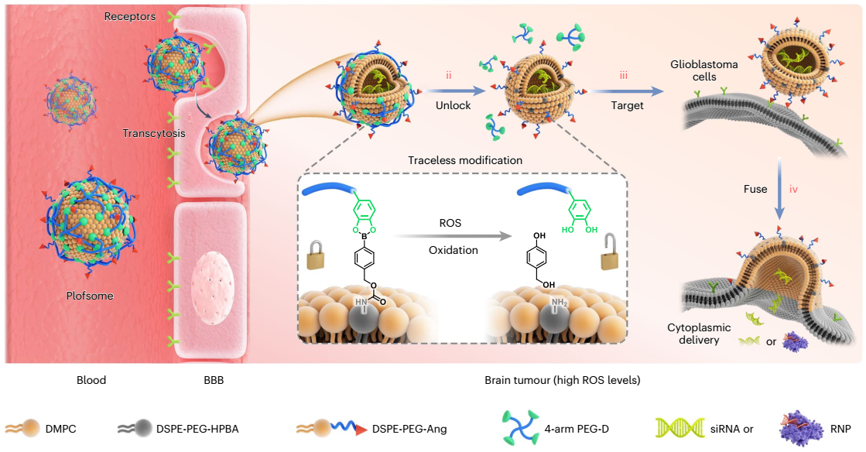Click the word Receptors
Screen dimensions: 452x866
[x=130, y=16]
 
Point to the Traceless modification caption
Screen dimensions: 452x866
[x=454, y=160]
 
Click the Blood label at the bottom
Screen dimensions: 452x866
[x=91, y=380]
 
